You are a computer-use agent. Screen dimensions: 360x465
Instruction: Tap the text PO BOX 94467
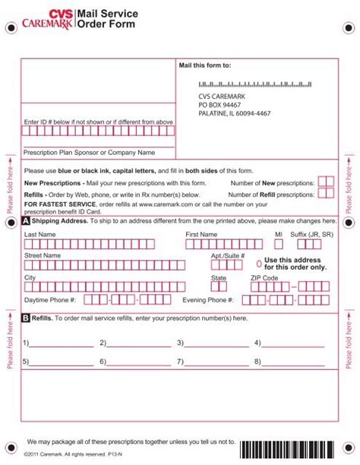(x=222, y=105)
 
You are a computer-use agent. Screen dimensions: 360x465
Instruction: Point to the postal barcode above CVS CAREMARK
(x=250, y=84)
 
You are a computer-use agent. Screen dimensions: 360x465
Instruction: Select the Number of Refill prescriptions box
(x=325, y=195)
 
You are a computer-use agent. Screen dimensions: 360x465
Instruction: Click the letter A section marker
(x=27, y=221)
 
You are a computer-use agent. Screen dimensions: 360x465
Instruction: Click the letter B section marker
(x=27, y=318)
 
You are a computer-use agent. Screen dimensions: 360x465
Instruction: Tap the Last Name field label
(x=40, y=235)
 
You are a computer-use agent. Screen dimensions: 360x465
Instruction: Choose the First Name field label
(x=201, y=235)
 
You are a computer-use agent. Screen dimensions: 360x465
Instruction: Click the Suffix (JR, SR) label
(x=311, y=235)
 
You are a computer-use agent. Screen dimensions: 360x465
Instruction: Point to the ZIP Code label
(x=264, y=278)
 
